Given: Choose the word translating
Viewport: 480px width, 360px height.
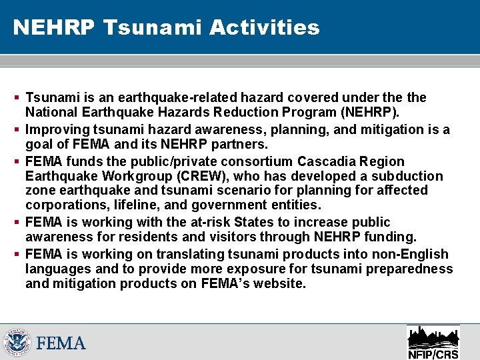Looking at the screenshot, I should pyautogui.click(x=190, y=254).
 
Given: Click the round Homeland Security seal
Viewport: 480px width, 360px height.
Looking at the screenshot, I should pyautogui.click(x=17, y=343).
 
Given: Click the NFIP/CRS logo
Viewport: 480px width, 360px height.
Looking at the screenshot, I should pyautogui.click(x=433, y=342).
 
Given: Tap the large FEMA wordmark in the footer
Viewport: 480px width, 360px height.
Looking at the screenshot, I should pyautogui.click(x=61, y=344).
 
